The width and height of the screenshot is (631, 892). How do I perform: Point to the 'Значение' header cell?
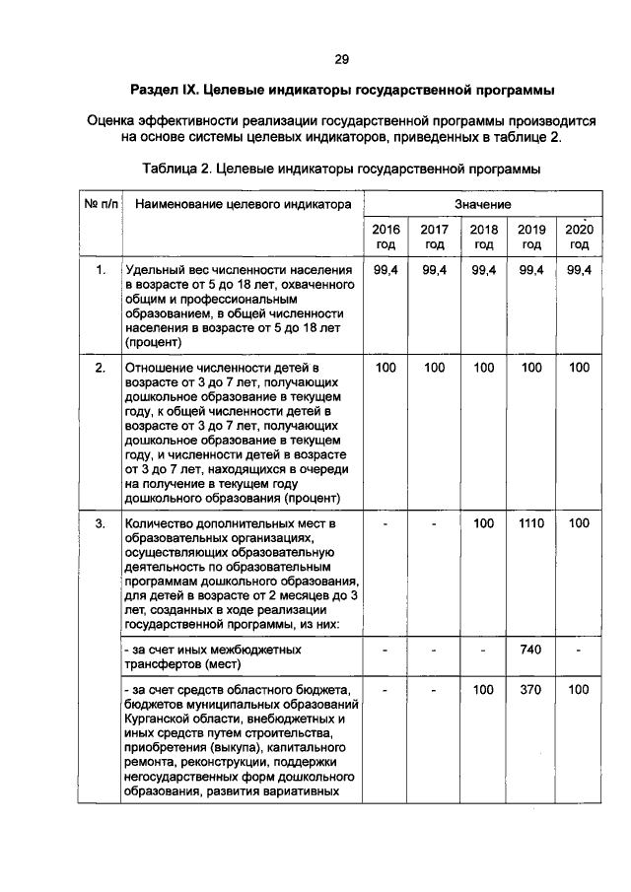[x=482, y=204]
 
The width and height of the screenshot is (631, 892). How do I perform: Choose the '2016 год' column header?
[x=386, y=237]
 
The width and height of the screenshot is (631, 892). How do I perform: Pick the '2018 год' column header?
[x=483, y=237]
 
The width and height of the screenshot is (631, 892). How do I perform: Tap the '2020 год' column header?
[x=579, y=237]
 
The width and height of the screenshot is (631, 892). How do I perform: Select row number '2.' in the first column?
[x=100, y=368]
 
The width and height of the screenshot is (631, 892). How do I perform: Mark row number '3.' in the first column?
[x=100, y=523]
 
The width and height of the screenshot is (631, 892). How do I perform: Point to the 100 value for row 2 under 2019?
[x=531, y=368]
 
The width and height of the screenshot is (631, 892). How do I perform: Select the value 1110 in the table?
[x=531, y=523]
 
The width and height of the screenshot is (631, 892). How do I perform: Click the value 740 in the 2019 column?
[x=531, y=652]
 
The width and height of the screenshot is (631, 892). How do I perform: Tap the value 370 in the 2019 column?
[x=531, y=691]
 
